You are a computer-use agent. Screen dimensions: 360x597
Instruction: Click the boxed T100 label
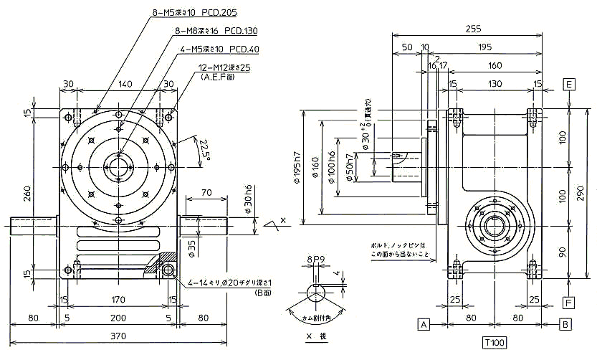(495, 344)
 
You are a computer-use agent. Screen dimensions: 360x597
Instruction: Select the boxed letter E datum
(569, 83)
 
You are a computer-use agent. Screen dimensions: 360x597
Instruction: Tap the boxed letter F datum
(569, 303)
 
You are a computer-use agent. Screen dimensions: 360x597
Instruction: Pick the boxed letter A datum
(424, 325)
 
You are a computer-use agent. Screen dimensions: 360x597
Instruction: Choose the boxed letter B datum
(565, 325)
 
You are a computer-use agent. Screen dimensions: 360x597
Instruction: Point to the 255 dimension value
(472, 30)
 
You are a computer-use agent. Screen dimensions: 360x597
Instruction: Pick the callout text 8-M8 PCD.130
(216, 32)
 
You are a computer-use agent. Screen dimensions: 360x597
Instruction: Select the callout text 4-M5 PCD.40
(220, 50)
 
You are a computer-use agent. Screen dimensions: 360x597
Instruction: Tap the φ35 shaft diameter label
(192, 248)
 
